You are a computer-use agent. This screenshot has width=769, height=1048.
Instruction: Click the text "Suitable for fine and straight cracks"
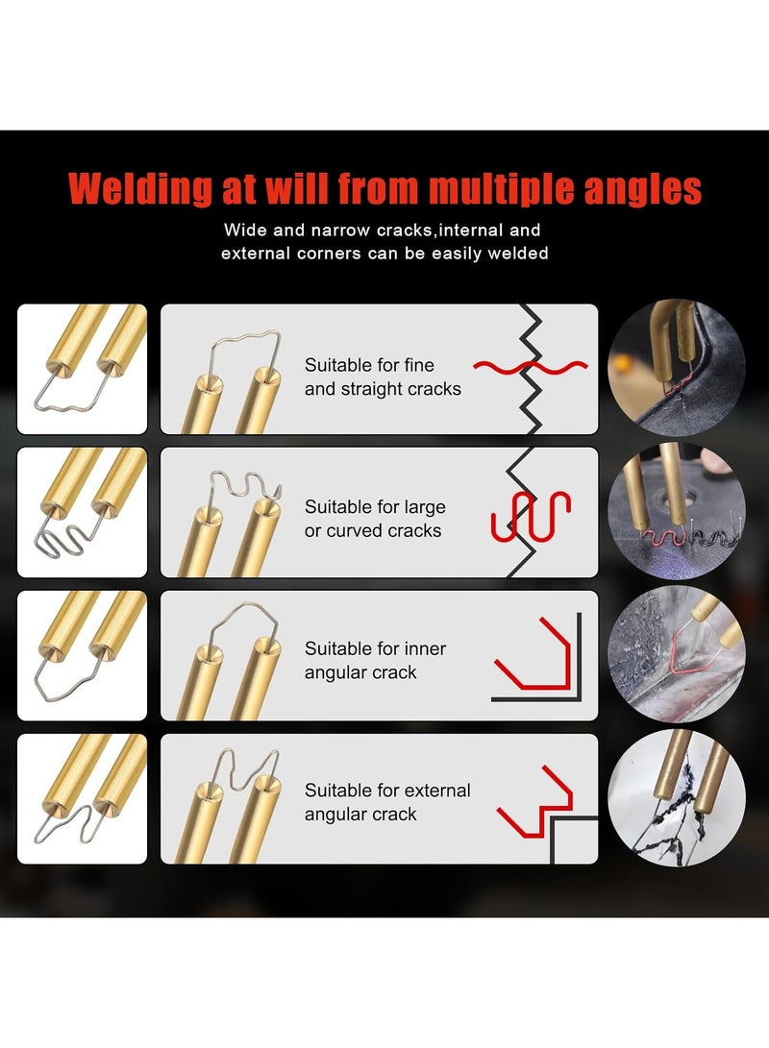point(383,378)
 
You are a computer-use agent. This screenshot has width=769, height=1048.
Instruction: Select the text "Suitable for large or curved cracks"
point(375,519)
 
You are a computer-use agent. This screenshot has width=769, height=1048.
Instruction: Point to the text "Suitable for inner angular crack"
point(375,661)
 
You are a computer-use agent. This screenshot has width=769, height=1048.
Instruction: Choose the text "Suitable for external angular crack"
point(387,802)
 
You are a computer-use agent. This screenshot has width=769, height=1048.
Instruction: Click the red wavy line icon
point(530,367)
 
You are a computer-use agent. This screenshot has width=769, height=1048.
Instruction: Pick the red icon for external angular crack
point(534,803)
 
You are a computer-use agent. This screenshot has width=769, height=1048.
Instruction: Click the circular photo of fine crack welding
point(678,368)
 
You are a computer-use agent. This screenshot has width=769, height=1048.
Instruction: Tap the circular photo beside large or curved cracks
point(678,510)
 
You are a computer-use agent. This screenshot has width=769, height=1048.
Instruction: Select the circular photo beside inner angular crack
point(678,652)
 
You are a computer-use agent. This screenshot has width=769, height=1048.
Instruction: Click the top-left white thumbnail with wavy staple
point(83,369)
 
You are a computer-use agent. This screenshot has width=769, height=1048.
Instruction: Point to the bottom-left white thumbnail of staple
point(83,798)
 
